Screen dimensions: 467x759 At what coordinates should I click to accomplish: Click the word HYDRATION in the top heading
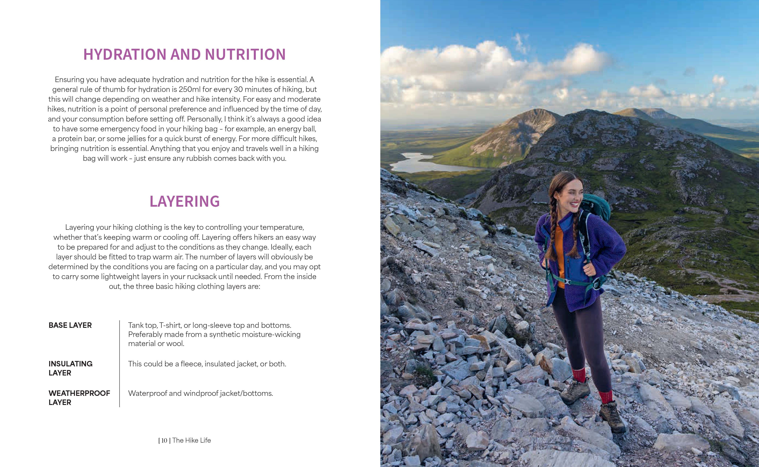pos(125,54)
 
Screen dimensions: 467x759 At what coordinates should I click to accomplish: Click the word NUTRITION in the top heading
pos(245,54)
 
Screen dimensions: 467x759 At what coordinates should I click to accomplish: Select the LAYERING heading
pos(184,201)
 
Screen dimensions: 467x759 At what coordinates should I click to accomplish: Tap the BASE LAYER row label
pos(70,325)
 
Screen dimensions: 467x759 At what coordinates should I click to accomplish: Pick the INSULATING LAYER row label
pos(70,368)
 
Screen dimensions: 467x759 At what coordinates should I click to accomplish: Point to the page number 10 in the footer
pos(164,440)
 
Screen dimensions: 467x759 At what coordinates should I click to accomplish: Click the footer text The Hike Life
pos(192,440)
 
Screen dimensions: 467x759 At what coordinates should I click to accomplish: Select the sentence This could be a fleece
pos(207,364)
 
